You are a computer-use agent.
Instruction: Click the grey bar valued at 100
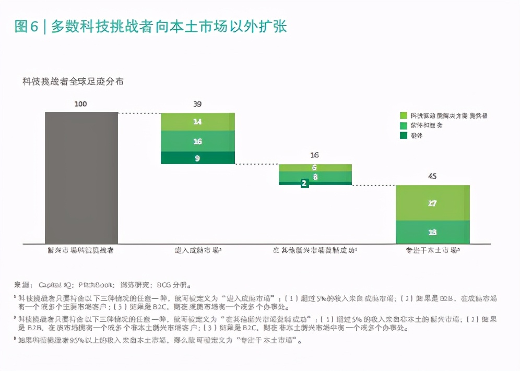point(81,178)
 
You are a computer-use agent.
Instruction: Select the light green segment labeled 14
point(197,122)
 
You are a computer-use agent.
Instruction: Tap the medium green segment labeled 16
point(197,141)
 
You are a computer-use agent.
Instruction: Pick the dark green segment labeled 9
point(197,158)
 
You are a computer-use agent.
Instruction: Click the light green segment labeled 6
point(315,168)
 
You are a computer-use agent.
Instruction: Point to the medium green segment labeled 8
point(315,177)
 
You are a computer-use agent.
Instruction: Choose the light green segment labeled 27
point(432,203)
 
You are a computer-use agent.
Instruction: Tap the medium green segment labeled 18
point(432,232)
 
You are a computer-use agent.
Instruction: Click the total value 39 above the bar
point(197,104)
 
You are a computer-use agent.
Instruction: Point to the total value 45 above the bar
point(432,176)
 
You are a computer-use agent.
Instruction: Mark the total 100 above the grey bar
point(81,104)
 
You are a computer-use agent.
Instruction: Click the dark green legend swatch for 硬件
point(404,135)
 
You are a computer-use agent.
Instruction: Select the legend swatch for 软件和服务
point(404,125)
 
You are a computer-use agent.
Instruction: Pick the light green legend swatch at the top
point(404,115)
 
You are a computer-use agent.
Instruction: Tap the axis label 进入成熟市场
point(197,251)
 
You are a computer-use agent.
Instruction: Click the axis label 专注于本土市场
point(432,251)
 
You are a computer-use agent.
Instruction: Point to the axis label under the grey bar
point(81,251)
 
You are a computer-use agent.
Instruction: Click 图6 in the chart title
point(26,27)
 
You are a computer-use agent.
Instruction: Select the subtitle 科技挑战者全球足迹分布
point(73,82)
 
